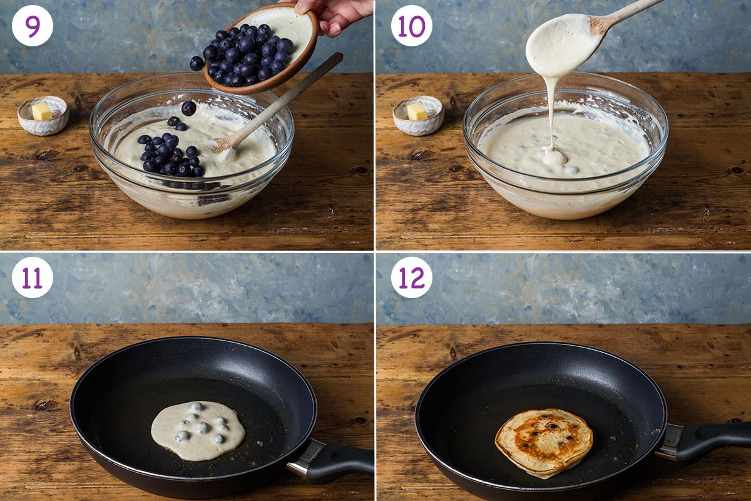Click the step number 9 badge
(33, 26)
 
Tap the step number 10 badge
(411, 26)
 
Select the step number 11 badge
(33, 277)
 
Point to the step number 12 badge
(411, 277)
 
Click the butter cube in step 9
(42, 111)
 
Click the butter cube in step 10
(417, 111)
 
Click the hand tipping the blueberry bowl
(335, 13)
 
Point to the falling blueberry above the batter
(188, 108)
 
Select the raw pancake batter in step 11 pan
(198, 430)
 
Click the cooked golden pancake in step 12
(544, 442)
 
